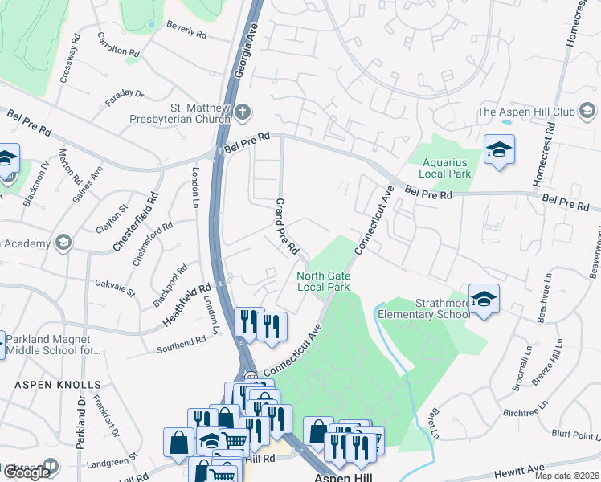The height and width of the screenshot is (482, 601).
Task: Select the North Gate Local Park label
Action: [323, 280]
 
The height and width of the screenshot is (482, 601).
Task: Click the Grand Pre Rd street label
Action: [287, 227]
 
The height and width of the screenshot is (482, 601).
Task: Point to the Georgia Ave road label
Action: [245, 50]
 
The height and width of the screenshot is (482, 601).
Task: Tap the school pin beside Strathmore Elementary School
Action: [484, 299]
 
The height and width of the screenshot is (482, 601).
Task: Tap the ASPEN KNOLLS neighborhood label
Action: [58, 386]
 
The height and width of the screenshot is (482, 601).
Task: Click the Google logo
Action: [27, 472]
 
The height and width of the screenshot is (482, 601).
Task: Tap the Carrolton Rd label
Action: [118, 44]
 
